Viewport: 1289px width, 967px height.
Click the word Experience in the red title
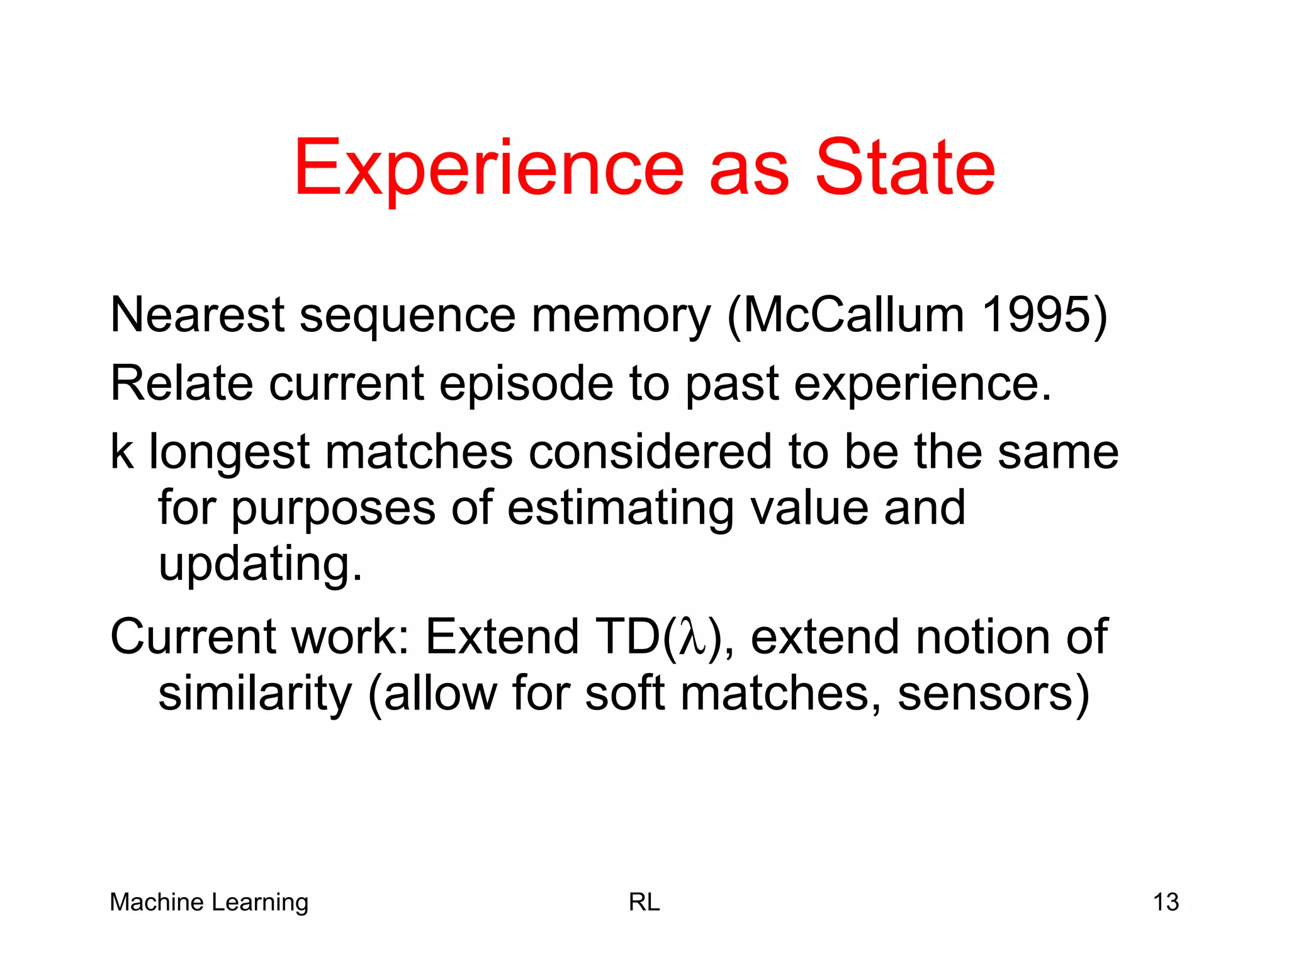[x=488, y=169]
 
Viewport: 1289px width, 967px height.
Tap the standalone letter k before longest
[x=121, y=451]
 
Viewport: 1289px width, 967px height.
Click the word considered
[x=650, y=451]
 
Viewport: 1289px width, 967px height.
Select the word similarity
[x=255, y=694]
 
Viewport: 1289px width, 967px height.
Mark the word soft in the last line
[x=624, y=694]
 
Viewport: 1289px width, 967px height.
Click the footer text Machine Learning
[x=209, y=902]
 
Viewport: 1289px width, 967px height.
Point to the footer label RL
[x=644, y=902]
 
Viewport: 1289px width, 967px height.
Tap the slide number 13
[x=1166, y=902]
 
